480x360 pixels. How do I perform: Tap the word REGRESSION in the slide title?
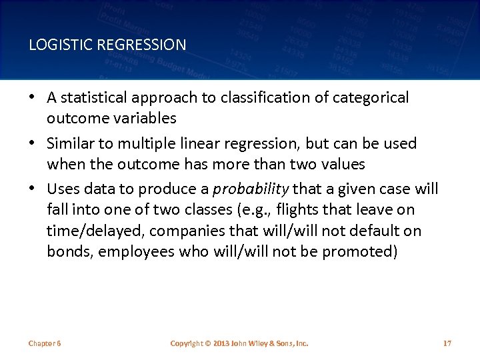coord(142,45)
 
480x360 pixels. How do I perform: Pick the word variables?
coord(145,118)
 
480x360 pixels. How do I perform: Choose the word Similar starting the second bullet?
coord(69,143)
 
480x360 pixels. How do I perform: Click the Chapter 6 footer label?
coord(45,343)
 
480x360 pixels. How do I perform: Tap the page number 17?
coord(447,343)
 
